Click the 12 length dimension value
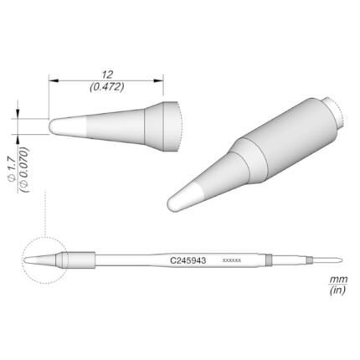tap(107, 75)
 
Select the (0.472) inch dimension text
tap(107, 87)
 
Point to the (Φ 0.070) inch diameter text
tap(24, 170)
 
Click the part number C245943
tap(188, 260)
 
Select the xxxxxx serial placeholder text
tap(231, 260)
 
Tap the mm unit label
tap(338, 279)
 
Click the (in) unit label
tap(337, 291)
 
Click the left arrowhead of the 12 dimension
tap(53, 80)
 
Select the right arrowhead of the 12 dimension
tap(159, 80)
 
